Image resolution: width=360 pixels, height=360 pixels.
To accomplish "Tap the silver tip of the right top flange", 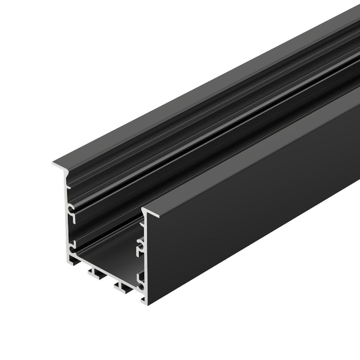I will [x=143, y=208].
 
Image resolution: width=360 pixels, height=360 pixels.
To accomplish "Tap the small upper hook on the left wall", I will [x=68, y=188].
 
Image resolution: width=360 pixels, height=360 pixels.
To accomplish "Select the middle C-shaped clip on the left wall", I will [x=71, y=209].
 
